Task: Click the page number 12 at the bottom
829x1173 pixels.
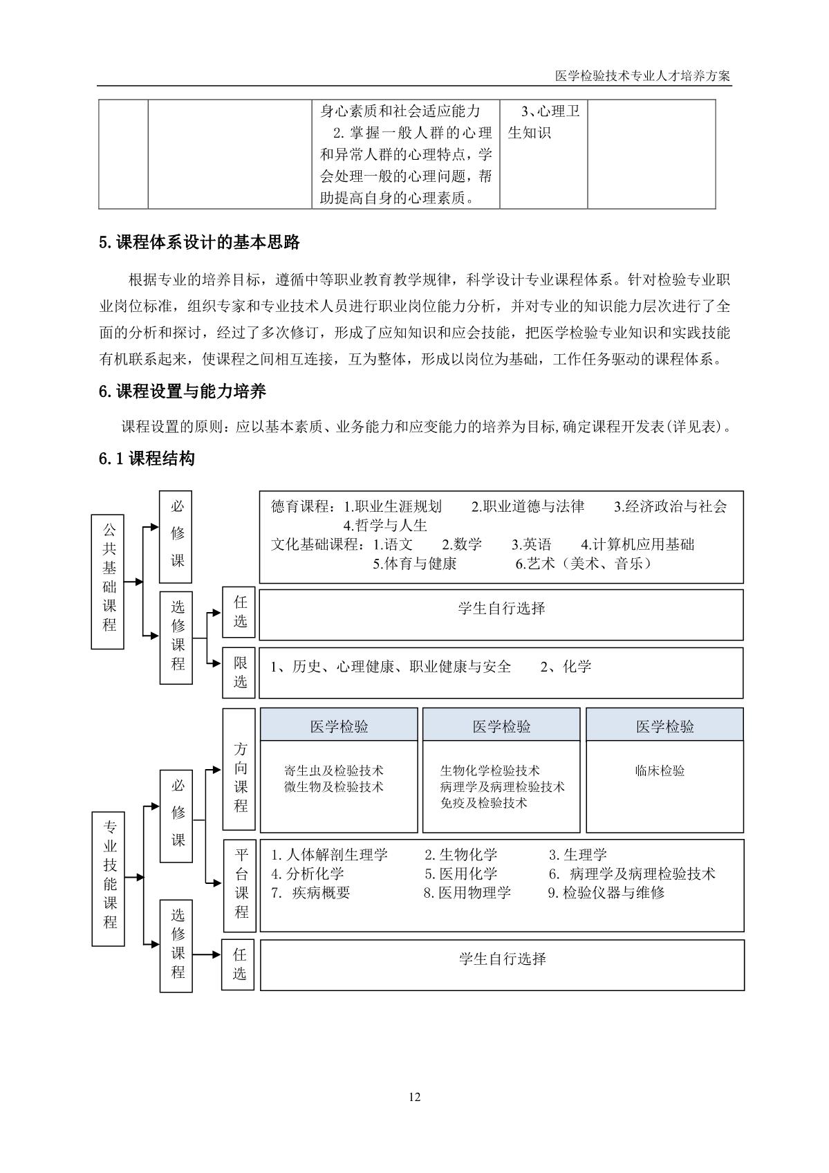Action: pyautogui.click(x=414, y=1097)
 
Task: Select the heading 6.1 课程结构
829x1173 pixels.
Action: pyautogui.click(x=147, y=458)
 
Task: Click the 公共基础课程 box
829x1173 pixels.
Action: pyautogui.click(x=108, y=581)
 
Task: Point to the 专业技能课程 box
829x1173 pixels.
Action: pyautogui.click(x=109, y=878)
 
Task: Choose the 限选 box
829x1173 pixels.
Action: pyautogui.click(x=239, y=672)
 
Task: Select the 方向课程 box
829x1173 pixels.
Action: pyautogui.click(x=239, y=768)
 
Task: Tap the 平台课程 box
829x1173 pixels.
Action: pyautogui.click(x=240, y=885)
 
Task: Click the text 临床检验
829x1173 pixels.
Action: pyautogui.click(x=660, y=770)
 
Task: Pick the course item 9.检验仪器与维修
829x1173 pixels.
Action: pyautogui.click(x=606, y=893)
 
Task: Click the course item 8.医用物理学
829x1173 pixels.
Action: pyautogui.click(x=467, y=893)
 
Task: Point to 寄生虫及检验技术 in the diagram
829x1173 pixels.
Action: pyautogui.click(x=334, y=770)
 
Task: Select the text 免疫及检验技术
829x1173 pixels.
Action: pyautogui.click(x=483, y=803)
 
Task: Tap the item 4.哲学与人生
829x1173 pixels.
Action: pyautogui.click(x=385, y=525)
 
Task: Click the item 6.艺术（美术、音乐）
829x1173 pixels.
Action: pyautogui.click(x=584, y=564)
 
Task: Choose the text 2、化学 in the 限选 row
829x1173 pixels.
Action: pyautogui.click(x=566, y=667)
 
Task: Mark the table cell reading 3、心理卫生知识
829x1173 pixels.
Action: pyautogui.click(x=543, y=122)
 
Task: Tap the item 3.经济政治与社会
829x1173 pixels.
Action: pyautogui.click(x=670, y=506)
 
